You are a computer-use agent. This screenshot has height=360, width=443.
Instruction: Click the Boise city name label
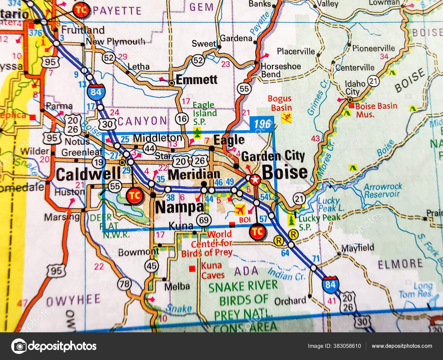pos(285,172)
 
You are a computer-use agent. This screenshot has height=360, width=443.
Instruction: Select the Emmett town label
pos(196,80)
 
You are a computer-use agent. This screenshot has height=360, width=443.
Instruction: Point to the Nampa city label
pos(180,207)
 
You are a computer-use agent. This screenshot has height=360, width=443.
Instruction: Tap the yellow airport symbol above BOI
pos(240,210)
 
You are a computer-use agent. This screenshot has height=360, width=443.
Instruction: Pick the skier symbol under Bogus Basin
pos(286,118)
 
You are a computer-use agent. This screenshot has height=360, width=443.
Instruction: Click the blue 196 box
pos(262,124)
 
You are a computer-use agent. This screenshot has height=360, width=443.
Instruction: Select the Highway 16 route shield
pos(182,119)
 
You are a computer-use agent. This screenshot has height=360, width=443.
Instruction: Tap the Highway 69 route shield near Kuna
pos(204,220)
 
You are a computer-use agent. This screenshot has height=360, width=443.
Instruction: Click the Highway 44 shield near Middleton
pos(150,149)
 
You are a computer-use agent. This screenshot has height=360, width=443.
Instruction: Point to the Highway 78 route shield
pos(124,284)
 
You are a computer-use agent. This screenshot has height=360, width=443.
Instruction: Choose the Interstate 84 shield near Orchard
pos(330,284)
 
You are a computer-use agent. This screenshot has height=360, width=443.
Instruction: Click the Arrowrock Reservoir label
pos(382,191)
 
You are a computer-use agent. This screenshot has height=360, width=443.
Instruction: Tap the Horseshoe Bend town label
pos(280,70)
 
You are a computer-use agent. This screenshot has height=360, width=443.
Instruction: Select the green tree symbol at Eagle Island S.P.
pos(197,133)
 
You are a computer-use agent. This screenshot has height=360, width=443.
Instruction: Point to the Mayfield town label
pos(357,248)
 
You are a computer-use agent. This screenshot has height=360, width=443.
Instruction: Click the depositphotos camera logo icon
pos(19,346)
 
